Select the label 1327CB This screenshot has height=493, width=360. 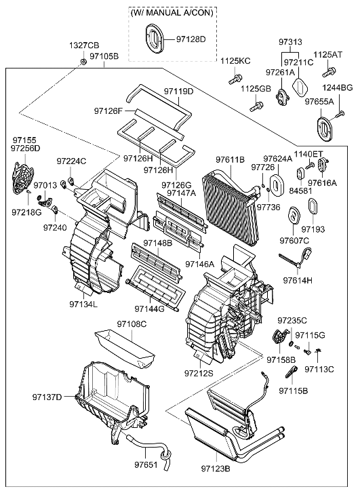click(83, 45)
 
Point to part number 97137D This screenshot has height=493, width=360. click(47, 397)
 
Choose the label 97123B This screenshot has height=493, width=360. click(216, 468)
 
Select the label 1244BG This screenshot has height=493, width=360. click(337, 88)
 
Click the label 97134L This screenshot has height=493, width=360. click(83, 304)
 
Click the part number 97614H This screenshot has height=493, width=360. click(298, 280)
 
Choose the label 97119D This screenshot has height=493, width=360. click(178, 91)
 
